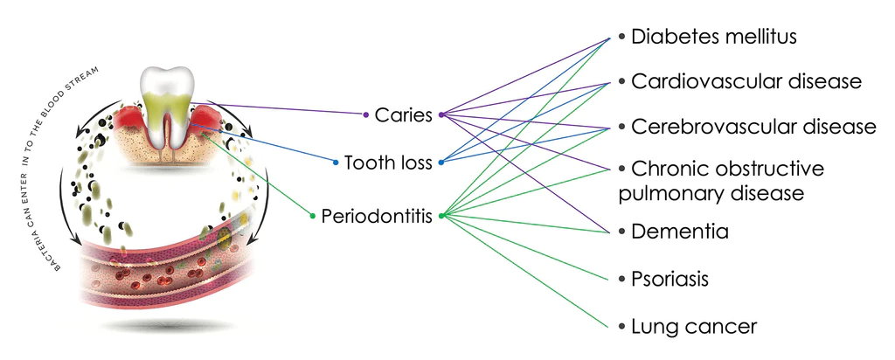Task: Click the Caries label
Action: (x=403, y=114)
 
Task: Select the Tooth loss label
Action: (x=388, y=163)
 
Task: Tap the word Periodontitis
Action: (x=377, y=215)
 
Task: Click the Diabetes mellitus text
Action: (x=714, y=37)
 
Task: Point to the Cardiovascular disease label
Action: (x=746, y=81)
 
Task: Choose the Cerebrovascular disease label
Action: (x=753, y=127)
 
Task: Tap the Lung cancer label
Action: (x=694, y=327)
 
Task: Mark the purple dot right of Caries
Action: (x=441, y=114)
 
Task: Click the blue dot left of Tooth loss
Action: (x=336, y=163)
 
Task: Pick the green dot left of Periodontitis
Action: (x=313, y=215)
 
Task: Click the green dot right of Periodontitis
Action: (x=441, y=215)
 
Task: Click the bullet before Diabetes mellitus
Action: (x=621, y=38)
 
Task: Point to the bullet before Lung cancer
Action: (x=621, y=327)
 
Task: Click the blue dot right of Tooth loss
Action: (x=441, y=163)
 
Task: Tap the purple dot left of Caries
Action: (x=366, y=114)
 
